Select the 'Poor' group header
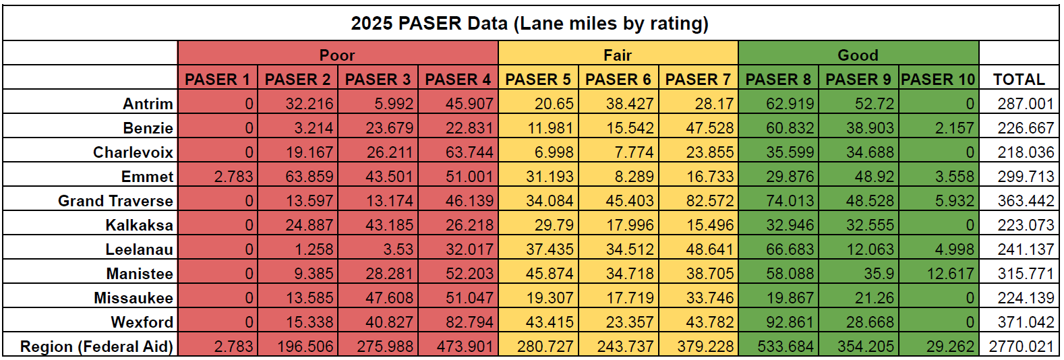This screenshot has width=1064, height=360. (x=337, y=55)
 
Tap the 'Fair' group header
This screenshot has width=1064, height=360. (x=618, y=55)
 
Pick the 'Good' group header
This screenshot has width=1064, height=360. (x=858, y=55)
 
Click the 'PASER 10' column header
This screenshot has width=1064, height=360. (x=938, y=80)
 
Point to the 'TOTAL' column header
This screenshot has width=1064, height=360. (x=1019, y=80)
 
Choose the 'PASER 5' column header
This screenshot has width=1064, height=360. (x=538, y=80)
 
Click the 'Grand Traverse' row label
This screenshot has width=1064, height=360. (x=115, y=201)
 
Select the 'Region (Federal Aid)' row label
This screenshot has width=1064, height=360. (x=96, y=347)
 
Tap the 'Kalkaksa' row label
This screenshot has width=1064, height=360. (x=139, y=225)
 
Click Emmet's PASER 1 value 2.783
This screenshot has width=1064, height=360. (x=233, y=177)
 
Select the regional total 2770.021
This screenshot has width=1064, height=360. (x=1021, y=347)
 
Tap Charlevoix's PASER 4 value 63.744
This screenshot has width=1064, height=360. (x=469, y=152)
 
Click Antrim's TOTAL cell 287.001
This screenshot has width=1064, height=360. (x=1026, y=104)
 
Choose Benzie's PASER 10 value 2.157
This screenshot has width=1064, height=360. (x=954, y=128)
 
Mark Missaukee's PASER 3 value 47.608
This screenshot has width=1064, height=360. (x=389, y=298)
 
